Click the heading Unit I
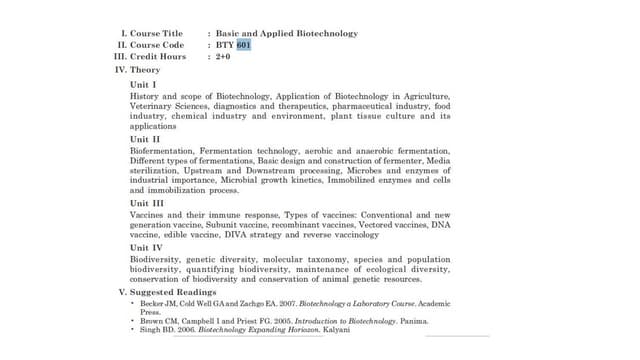coord(144,84)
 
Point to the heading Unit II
coord(146,139)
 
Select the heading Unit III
coord(149,203)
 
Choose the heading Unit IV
coord(148,247)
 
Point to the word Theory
coord(145,70)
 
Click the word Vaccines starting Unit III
coord(147,215)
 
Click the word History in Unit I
coord(146,96)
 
